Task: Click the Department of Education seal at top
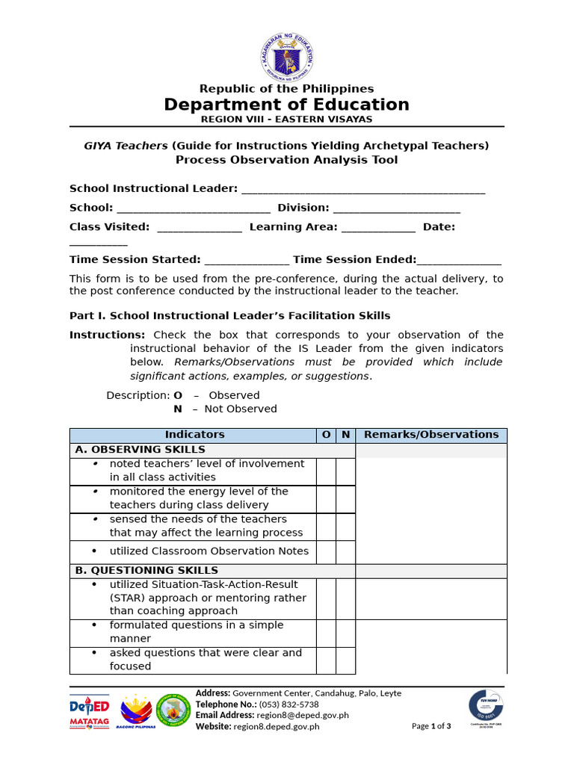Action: pos(287,57)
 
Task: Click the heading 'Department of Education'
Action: pos(287,105)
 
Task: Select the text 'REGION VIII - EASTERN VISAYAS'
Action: pos(287,120)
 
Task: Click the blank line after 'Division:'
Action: pos(396,208)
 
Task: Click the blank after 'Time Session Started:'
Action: pos(247,260)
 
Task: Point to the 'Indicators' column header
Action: pos(194,435)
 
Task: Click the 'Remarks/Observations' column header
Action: pos(431,435)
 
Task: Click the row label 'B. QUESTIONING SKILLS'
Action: pos(146,571)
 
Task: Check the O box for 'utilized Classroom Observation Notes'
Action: pos(326,552)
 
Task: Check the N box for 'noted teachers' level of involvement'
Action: pos(345,471)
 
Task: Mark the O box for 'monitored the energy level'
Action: pos(326,499)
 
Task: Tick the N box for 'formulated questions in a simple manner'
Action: pos(345,633)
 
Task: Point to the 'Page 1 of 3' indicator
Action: pos(431,726)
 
